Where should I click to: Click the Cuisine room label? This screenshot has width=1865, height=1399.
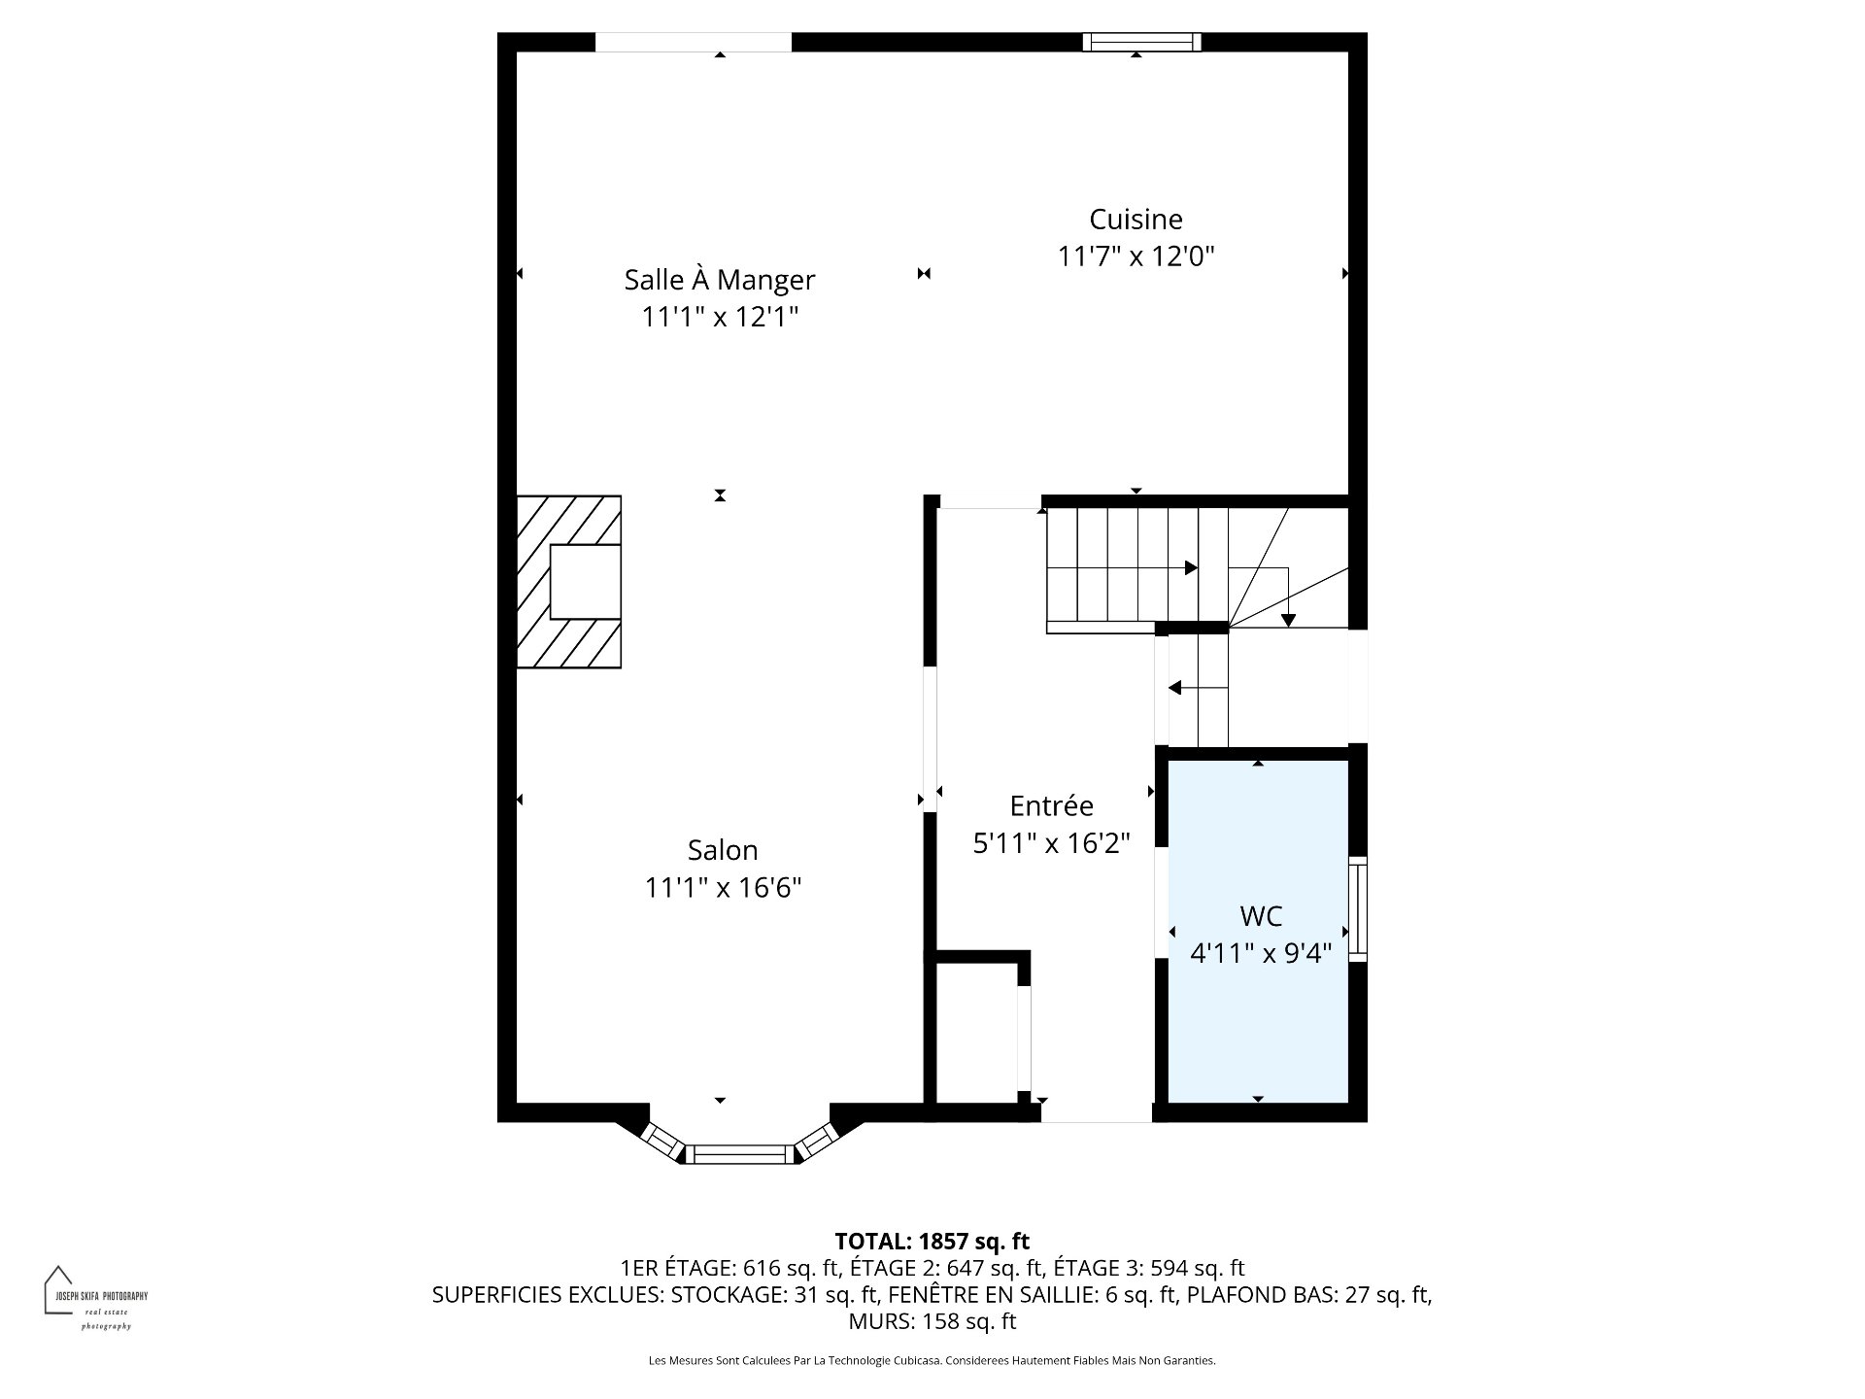(x=1136, y=220)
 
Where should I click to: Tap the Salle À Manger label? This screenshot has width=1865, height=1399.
(x=720, y=280)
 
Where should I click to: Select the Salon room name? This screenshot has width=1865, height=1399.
(x=723, y=850)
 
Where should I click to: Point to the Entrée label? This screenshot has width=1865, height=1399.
(x=1052, y=805)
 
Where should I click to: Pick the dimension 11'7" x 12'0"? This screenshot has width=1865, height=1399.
(x=1136, y=256)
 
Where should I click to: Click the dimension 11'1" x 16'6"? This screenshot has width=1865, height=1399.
(x=723, y=888)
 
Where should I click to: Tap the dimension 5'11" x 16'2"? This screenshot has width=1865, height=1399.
(x=1052, y=843)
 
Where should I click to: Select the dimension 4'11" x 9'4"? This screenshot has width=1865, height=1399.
(x=1261, y=954)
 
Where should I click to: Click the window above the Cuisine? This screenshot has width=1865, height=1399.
(x=1142, y=42)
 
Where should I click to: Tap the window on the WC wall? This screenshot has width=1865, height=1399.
(x=1358, y=909)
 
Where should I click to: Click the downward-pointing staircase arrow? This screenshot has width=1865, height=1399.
(x=1288, y=595)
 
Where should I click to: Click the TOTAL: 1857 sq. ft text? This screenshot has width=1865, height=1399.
(x=932, y=1242)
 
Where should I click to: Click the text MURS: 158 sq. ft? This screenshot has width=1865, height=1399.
(x=932, y=1321)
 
